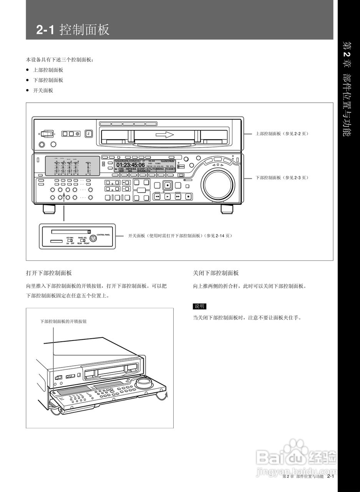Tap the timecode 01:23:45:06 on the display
click(x=131, y=165)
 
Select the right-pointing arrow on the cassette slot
click(x=164, y=135)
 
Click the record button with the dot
click(x=168, y=185)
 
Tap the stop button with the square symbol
click(x=188, y=196)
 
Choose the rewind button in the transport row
click(x=157, y=196)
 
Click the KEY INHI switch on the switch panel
click(x=70, y=241)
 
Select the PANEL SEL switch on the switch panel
click(x=82, y=241)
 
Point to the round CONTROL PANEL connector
click(x=93, y=238)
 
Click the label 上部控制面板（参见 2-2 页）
click(x=282, y=133)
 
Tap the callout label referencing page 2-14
click(x=180, y=235)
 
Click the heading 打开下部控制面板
click(x=49, y=273)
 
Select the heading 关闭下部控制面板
click(x=216, y=273)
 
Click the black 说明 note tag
click(x=200, y=306)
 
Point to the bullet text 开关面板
click(x=43, y=90)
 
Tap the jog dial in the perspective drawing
click(x=143, y=382)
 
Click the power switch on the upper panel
click(x=46, y=134)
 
